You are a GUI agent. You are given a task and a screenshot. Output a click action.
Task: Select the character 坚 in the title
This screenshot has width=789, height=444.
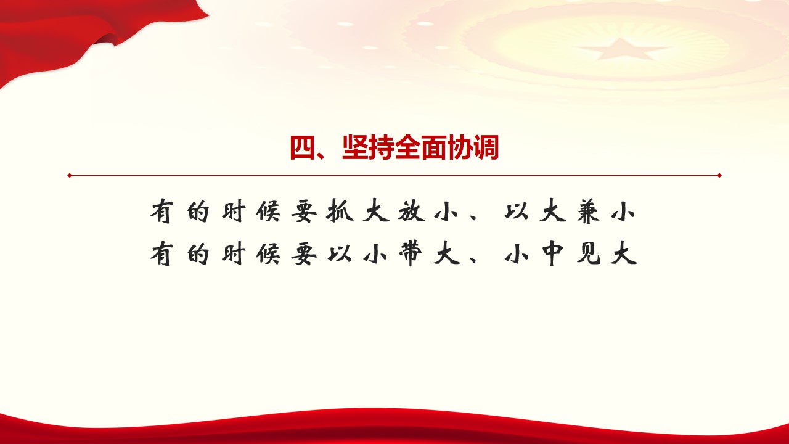(355, 147)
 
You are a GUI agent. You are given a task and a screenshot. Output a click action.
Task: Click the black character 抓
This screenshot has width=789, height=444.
(340, 212)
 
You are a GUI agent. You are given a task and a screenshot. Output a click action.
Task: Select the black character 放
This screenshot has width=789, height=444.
(411, 212)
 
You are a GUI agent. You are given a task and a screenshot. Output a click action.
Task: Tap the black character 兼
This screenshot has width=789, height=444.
(588, 212)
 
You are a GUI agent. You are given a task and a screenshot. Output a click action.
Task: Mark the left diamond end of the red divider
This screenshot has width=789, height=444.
(70, 175)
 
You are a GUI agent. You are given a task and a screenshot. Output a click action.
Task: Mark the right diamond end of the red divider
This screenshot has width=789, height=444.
(719, 175)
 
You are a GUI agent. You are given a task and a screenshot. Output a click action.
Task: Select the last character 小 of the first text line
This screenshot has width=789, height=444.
(623, 212)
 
